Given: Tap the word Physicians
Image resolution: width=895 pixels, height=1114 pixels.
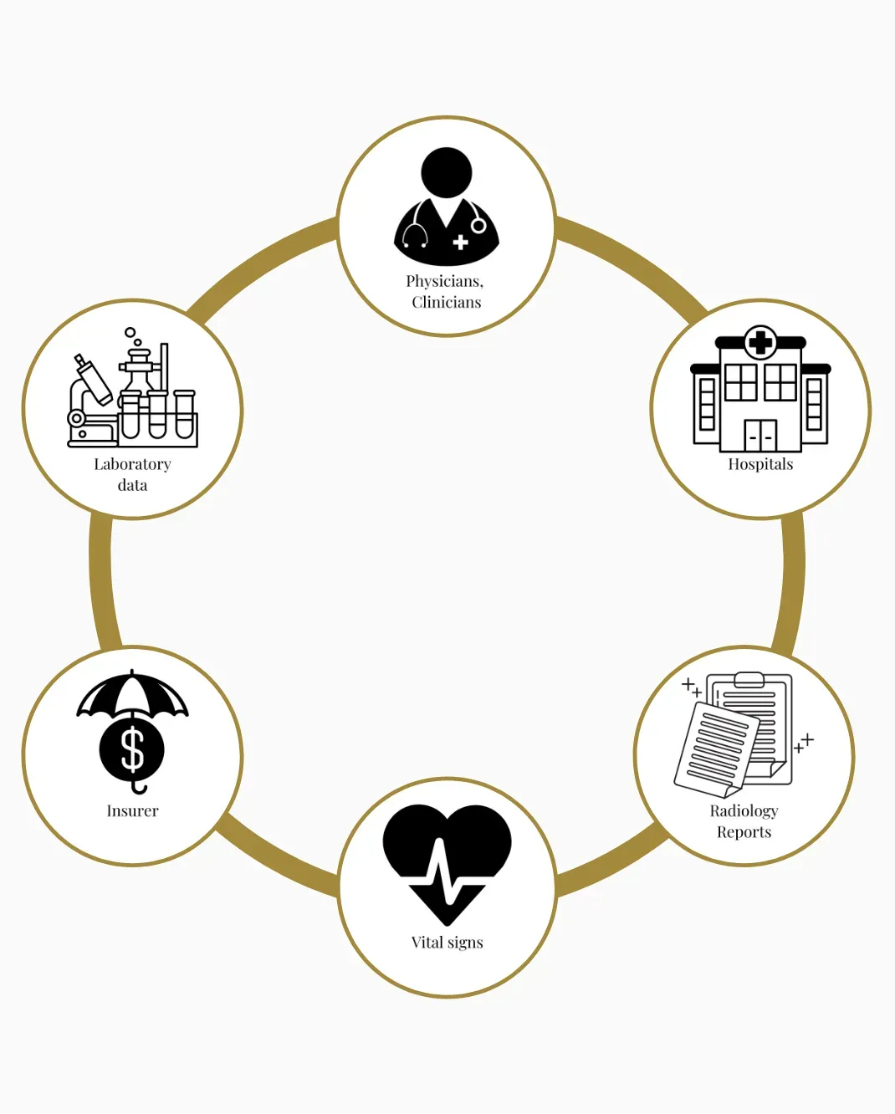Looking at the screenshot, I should (x=444, y=282).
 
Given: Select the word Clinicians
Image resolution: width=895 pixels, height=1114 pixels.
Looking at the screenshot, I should (x=447, y=303).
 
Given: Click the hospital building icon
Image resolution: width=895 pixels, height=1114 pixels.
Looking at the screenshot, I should (x=760, y=390).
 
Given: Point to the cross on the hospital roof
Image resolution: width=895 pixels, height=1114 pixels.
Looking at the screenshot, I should (x=760, y=341).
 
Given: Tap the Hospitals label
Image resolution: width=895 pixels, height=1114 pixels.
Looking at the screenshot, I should (x=760, y=465).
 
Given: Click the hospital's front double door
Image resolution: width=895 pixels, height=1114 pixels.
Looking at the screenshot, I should (x=760, y=436).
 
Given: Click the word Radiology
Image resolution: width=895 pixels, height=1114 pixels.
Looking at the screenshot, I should (x=744, y=811).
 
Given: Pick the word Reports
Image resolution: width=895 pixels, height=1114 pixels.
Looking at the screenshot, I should (x=744, y=833).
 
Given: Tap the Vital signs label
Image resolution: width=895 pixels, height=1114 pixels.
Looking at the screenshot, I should (x=447, y=943).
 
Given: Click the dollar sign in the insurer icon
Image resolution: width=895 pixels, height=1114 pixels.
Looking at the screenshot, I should (x=132, y=749).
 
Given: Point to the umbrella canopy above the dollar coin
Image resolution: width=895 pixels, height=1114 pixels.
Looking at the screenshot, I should (x=132, y=694).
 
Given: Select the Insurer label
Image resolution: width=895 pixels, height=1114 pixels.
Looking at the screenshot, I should (x=132, y=811).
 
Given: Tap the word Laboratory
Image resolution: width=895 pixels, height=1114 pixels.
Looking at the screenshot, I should (x=132, y=465).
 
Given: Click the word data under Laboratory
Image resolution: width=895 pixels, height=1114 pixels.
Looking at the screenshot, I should (x=132, y=486).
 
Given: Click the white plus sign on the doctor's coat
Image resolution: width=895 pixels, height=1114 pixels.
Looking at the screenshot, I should (x=460, y=243).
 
